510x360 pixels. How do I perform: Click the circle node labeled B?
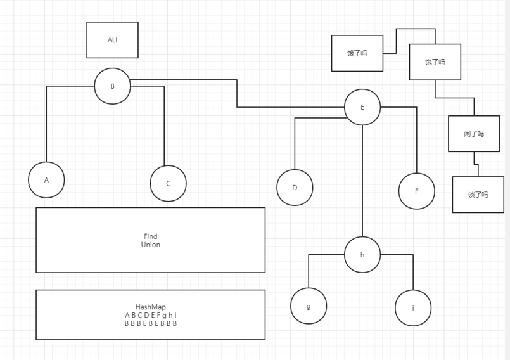[x=112, y=86]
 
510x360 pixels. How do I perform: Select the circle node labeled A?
[x=46, y=179]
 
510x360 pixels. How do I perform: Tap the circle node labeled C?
[x=168, y=183]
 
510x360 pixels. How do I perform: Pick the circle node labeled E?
[x=362, y=107]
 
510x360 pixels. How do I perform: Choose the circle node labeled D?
[x=295, y=188]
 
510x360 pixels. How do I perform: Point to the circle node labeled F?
[x=416, y=191]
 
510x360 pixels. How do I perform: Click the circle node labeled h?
[x=362, y=255]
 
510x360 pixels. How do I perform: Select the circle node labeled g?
[x=309, y=306]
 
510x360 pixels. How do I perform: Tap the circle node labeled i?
[x=413, y=307]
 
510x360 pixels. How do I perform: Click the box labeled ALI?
[x=112, y=40]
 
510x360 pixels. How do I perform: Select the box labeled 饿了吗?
[x=357, y=53]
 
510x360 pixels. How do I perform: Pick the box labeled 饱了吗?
[x=435, y=62]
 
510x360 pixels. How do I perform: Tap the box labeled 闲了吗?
[x=474, y=134]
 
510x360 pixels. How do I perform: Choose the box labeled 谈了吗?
[x=478, y=195]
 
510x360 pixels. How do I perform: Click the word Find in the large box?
[x=151, y=236]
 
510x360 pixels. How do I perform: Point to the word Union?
[x=151, y=245]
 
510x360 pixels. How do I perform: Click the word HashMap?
[x=151, y=307]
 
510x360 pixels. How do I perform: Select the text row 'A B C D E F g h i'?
[x=151, y=315]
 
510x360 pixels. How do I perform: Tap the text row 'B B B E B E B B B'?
[x=151, y=323]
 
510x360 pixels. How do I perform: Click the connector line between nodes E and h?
[x=362, y=181]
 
